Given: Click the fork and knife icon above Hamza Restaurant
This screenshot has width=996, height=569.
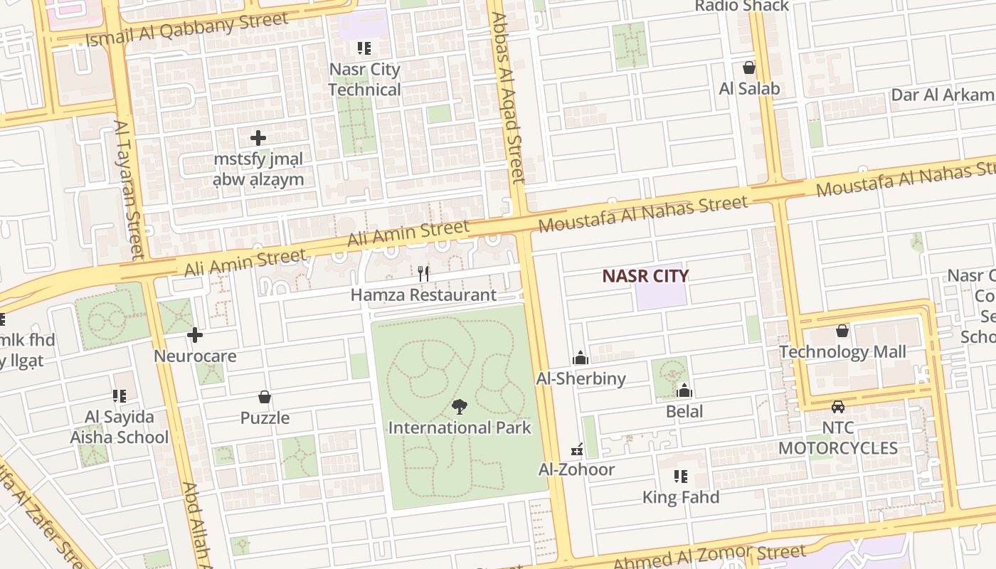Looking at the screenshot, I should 423,273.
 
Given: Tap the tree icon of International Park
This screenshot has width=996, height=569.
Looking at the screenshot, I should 460,407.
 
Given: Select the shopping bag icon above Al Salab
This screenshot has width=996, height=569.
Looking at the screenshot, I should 748,68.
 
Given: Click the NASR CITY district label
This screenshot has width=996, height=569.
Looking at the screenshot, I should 645,276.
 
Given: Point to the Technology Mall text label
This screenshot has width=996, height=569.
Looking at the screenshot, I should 842,352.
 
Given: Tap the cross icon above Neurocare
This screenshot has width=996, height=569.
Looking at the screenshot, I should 195,334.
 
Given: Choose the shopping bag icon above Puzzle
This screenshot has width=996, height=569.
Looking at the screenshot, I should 265,397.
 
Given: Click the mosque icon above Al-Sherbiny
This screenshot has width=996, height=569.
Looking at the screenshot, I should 581,358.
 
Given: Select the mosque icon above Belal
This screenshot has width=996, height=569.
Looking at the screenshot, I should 684,390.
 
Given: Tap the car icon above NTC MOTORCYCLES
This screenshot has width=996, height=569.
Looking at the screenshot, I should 838,407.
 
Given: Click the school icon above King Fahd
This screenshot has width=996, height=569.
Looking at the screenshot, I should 681,476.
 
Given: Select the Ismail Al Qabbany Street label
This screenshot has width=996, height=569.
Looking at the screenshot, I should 187,29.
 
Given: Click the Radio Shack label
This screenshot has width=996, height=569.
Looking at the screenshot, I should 742,6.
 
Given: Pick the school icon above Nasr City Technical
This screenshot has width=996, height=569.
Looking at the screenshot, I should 364,48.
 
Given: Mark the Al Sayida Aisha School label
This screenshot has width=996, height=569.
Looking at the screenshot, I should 120,427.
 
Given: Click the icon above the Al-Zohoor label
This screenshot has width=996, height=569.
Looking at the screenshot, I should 578,449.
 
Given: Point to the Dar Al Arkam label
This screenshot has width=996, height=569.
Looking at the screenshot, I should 943,95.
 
